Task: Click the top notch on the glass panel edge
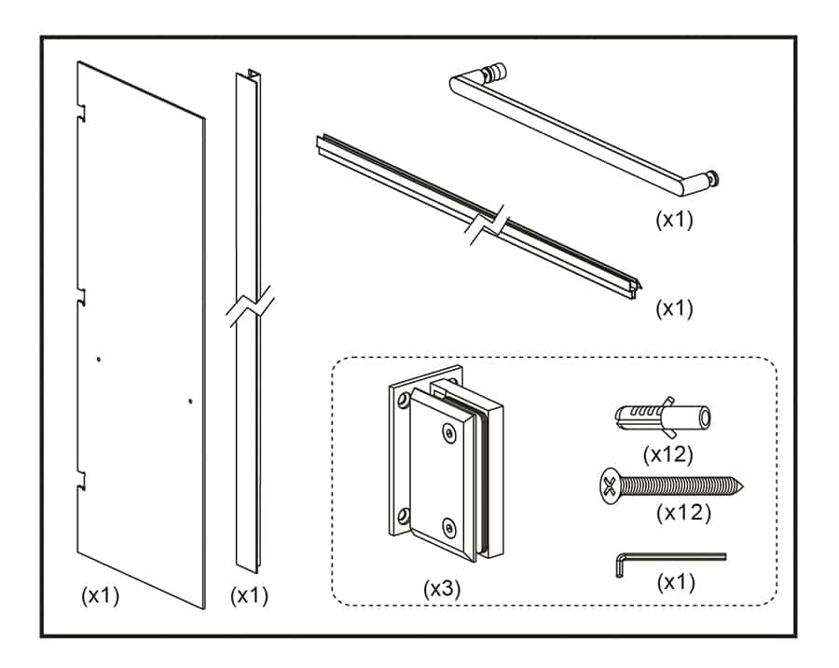pyautogui.click(x=82, y=114)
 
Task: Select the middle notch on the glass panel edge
pyautogui.click(x=82, y=296)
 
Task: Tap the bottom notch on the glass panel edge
pyautogui.click(x=82, y=480)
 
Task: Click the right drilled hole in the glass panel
pyautogui.click(x=189, y=402)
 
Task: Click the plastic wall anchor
pyautogui.click(x=663, y=417)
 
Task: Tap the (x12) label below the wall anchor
pyautogui.click(x=669, y=454)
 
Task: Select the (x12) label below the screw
pyautogui.click(x=683, y=512)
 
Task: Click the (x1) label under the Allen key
pyautogui.click(x=676, y=583)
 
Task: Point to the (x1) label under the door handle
pyautogui.click(x=674, y=221)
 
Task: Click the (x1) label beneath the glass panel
pyautogui.click(x=101, y=595)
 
